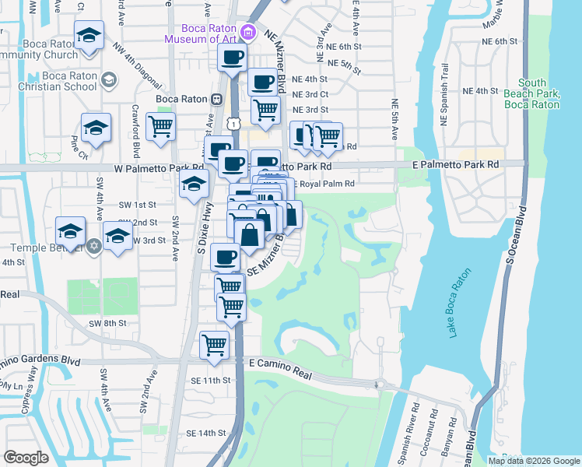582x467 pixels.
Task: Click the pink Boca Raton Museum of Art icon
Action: point(247,32)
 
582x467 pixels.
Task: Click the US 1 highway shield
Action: point(233,124)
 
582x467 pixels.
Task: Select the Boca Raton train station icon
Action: point(217,99)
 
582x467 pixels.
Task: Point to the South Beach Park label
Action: point(532,93)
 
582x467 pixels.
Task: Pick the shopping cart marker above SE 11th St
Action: point(214,344)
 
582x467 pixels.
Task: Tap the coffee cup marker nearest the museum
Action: point(233,57)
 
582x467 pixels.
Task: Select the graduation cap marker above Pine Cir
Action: point(96,126)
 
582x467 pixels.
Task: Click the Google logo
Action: point(26,458)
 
